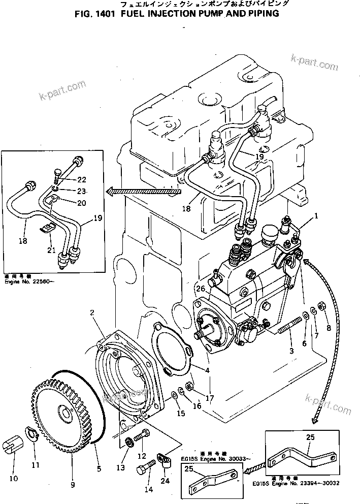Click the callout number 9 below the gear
click(x=73, y=485)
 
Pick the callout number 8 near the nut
click(x=329, y=328)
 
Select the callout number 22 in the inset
click(x=82, y=180)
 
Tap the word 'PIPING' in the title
click(x=263, y=14)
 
